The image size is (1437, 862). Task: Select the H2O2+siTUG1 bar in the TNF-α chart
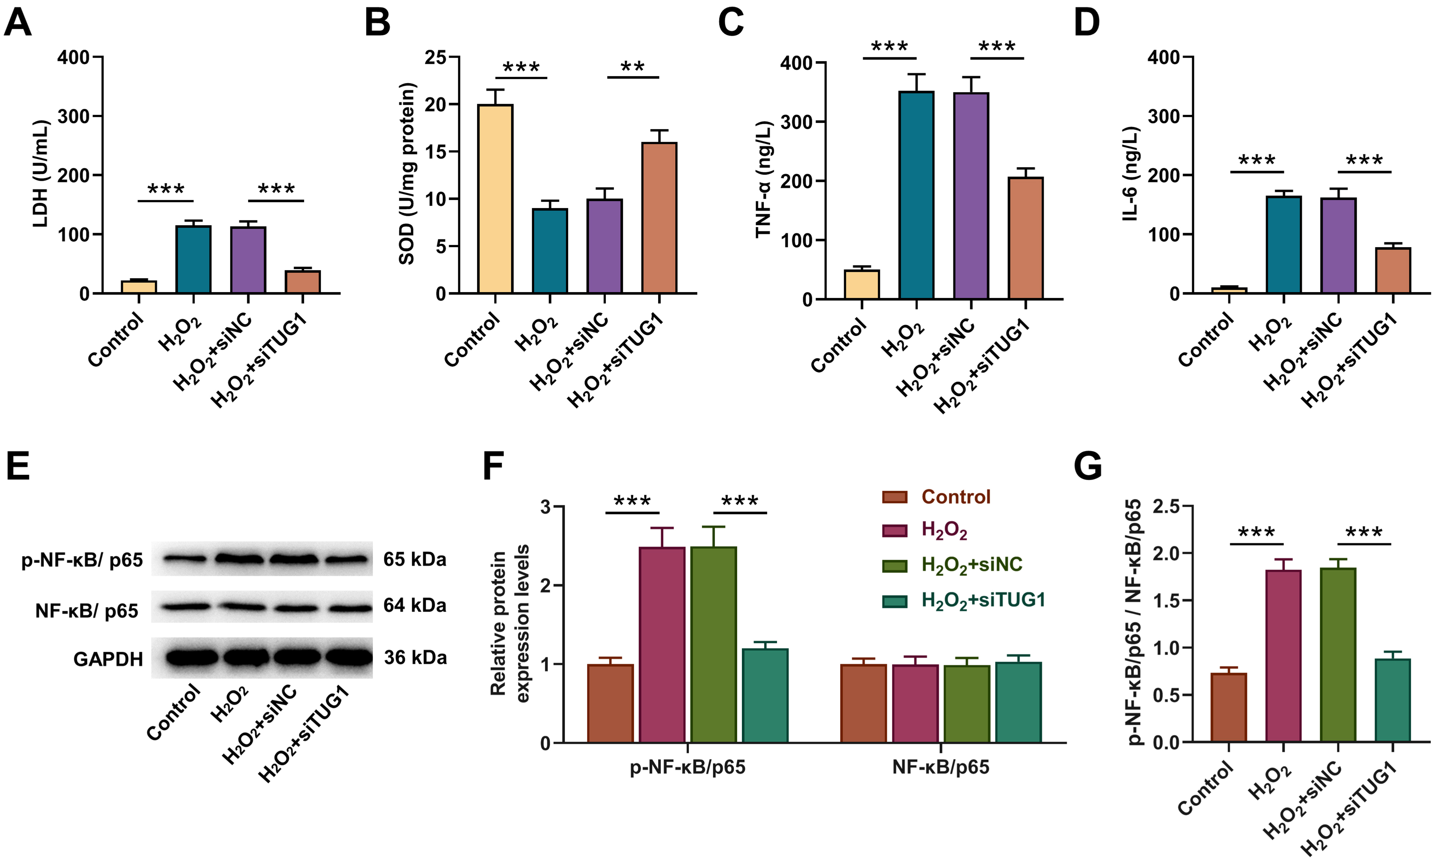tap(1026, 238)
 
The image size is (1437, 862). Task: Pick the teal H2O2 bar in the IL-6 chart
tap(1284, 245)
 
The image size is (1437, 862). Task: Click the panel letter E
tap(18, 467)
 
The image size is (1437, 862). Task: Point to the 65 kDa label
tap(414, 559)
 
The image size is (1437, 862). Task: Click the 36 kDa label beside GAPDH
tap(415, 658)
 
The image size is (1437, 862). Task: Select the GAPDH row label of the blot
tap(108, 659)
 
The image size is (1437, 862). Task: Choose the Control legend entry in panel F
tap(956, 497)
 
